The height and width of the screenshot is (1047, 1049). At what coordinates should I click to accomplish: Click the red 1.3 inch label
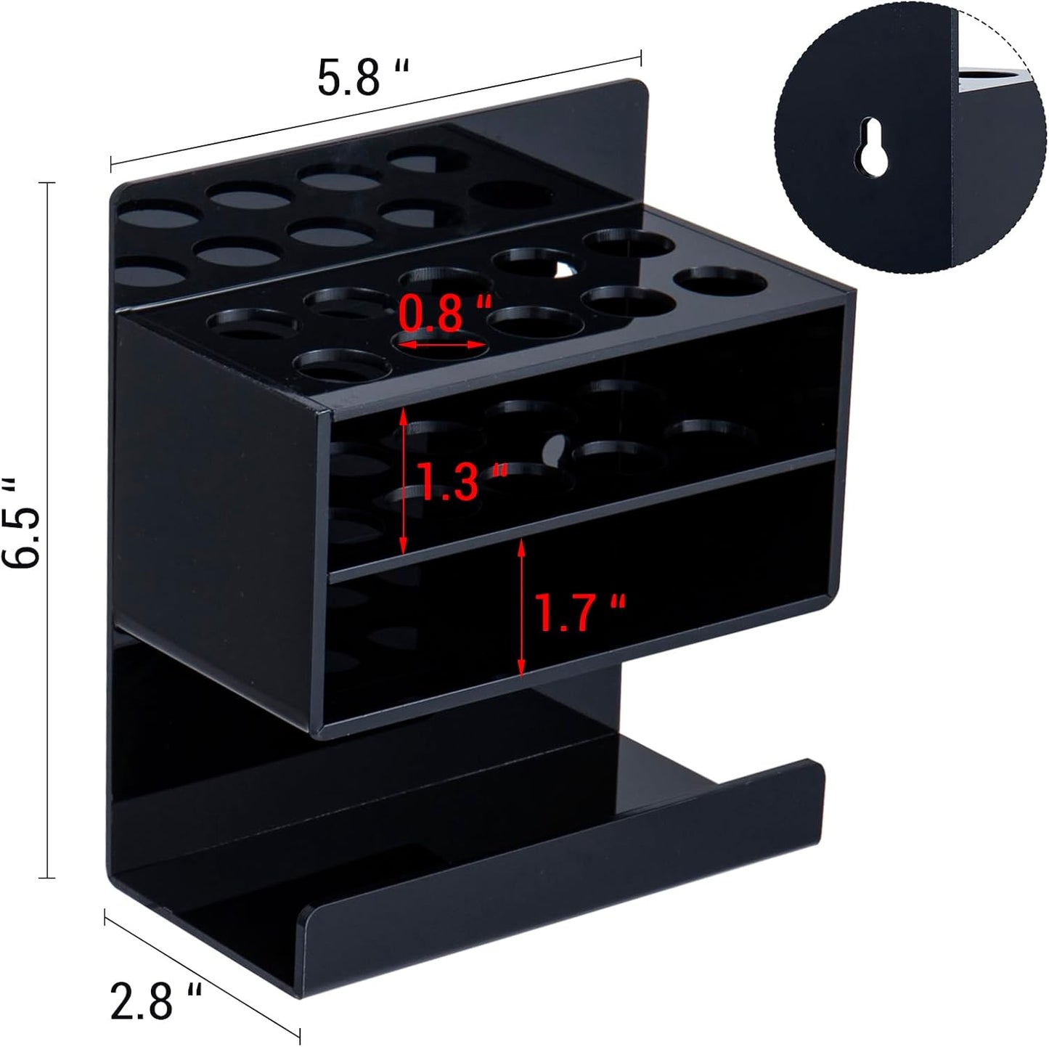[462, 482]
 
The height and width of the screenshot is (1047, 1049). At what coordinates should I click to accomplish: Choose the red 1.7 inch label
[579, 611]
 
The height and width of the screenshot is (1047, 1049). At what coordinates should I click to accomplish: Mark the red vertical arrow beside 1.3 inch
[404, 480]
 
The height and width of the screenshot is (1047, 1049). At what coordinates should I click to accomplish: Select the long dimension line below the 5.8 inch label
[375, 105]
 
